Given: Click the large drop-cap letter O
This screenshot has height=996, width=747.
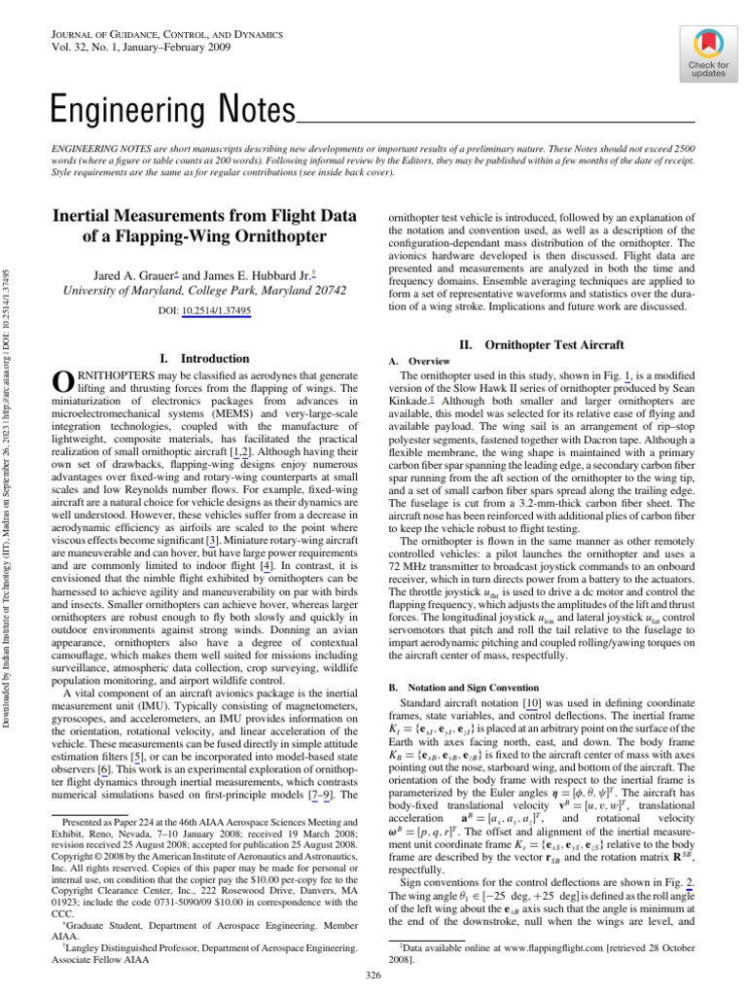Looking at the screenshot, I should (58, 383).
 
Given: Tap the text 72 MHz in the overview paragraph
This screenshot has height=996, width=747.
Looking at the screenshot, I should (408, 539).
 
